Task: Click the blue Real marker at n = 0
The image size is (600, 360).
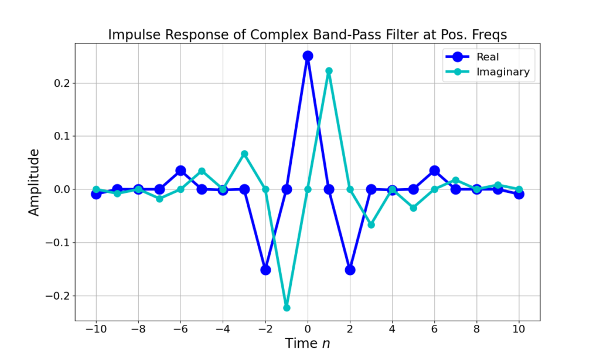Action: coord(308,56)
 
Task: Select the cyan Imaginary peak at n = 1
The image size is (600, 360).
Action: coord(329,71)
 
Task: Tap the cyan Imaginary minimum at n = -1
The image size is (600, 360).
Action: coord(287,307)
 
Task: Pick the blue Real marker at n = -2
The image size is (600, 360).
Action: coord(265,270)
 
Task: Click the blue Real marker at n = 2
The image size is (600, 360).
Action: coord(350,270)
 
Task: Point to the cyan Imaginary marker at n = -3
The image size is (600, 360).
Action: coord(244,154)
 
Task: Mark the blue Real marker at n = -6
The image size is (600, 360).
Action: coord(180,171)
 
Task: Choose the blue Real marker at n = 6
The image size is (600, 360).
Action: coord(434,171)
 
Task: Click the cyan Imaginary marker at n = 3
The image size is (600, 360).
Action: coord(371,225)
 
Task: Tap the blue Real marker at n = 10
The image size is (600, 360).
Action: coord(519,194)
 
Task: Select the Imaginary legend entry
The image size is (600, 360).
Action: coord(502,72)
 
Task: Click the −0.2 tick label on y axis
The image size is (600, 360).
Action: coord(56,296)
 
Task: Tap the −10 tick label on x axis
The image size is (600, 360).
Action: coord(96,329)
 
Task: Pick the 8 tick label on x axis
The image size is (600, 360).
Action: coord(476,329)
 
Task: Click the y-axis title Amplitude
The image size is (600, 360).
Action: coord(35,182)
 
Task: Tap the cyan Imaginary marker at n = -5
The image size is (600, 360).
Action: coord(202,171)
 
